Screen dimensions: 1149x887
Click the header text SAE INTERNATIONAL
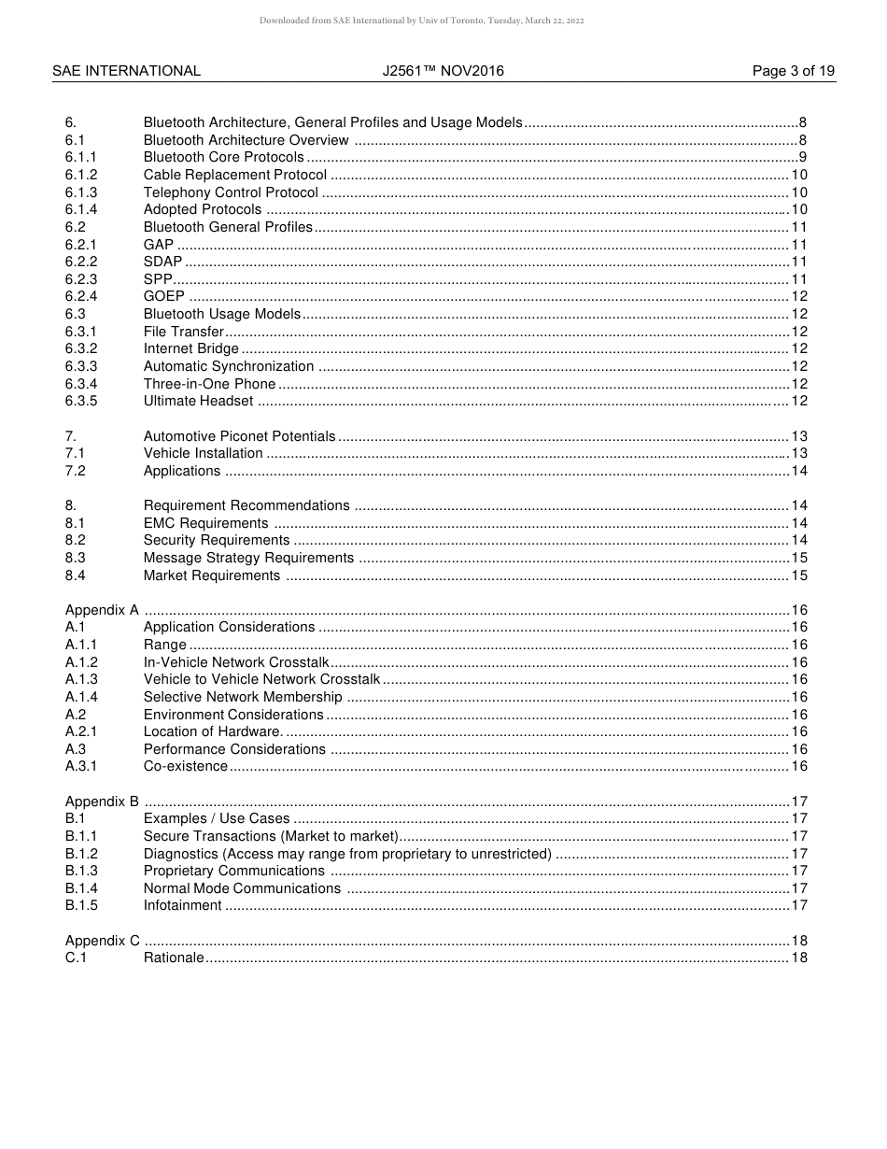[x=126, y=71]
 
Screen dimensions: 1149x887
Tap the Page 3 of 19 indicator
[x=793, y=71]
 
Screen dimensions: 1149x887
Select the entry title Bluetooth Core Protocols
[x=223, y=157]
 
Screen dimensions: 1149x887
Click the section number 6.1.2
[x=81, y=175]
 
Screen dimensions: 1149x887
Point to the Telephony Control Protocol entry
[x=231, y=192]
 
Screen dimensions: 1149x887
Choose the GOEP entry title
[x=163, y=296]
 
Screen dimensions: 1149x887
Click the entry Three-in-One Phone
[x=209, y=384]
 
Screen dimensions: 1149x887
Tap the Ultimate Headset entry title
[x=198, y=401]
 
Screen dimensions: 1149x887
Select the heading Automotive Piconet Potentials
[x=239, y=436]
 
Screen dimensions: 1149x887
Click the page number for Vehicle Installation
[x=798, y=453]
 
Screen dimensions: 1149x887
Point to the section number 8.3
[x=75, y=558]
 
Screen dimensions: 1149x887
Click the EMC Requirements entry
[x=205, y=523]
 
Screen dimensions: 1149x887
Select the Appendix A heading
[x=102, y=610]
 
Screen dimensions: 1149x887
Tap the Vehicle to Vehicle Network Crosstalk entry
[x=261, y=679]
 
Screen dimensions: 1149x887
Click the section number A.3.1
[x=81, y=766]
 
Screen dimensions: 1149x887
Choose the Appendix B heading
[x=102, y=801]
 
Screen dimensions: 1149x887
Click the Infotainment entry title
[x=182, y=905]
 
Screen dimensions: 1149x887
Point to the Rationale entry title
[x=173, y=957]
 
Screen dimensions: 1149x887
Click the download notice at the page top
[x=421, y=21]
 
